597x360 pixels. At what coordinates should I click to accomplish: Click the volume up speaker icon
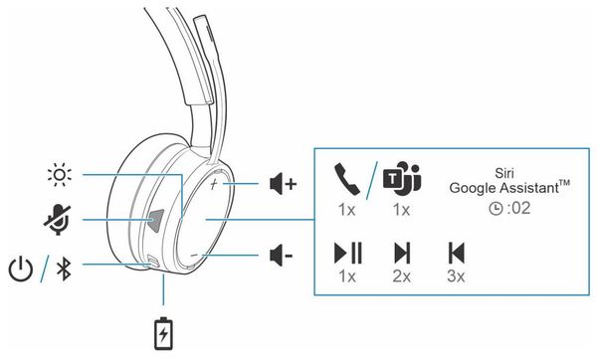click(x=283, y=185)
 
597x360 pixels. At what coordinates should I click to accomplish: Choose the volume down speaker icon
click(x=282, y=256)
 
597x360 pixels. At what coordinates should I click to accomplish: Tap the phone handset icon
click(x=346, y=180)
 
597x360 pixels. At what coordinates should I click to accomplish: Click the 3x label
click(x=456, y=275)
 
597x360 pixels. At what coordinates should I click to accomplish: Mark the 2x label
click(x=402, y=275)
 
